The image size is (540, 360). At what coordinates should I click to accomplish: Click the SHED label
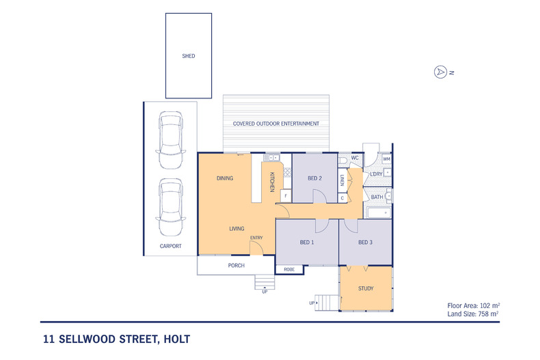pos(188,56)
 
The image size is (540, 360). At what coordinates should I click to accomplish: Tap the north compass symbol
pos(441,72)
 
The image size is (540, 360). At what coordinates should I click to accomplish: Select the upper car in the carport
pos(170,141)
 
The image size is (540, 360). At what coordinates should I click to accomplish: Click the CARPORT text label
pos(170,246)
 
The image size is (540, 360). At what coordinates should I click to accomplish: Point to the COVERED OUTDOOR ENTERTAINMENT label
pos(275,124)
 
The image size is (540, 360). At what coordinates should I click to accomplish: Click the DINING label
pos(225,178)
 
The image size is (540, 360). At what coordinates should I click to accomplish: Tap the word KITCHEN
pos(271,182)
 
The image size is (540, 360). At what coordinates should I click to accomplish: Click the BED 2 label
pos(314,178)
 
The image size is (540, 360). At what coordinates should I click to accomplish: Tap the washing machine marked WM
pos(386,159)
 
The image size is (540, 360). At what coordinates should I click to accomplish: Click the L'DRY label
pos(376,174)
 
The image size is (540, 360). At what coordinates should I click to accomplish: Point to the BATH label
pos(377,197)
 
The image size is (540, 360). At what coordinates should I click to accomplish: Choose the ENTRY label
pos(256,238)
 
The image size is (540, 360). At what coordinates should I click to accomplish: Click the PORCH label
pos(237,265)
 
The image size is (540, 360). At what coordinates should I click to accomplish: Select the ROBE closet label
pos(289,269)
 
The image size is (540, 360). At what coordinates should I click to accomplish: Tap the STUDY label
pos(366,288)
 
